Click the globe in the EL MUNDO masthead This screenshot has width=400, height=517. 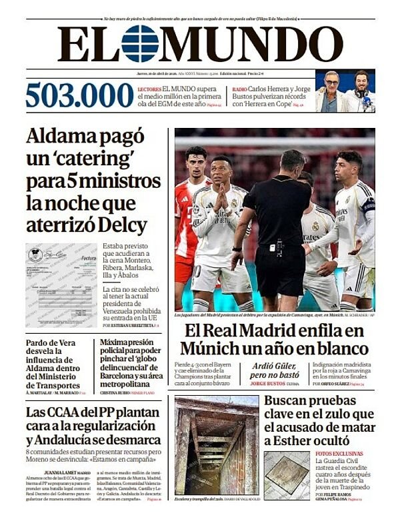(140, 43)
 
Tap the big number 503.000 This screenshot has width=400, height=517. (79, 95)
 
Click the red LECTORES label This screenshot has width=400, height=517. (149, 89)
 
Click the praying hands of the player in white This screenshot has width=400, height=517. (221, 198)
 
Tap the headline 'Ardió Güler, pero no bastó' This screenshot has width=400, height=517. (278, 370)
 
